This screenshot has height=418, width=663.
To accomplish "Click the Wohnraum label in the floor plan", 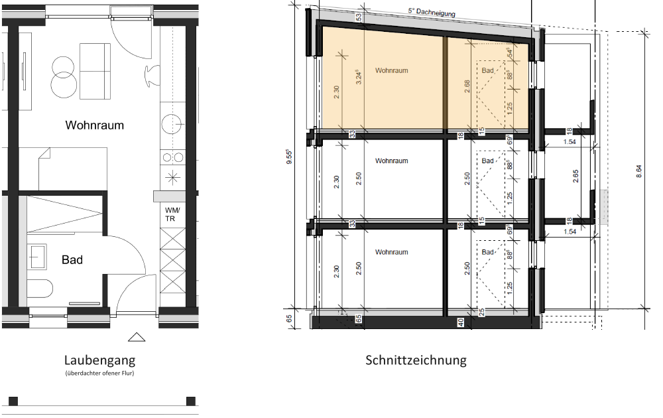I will pos(94,125).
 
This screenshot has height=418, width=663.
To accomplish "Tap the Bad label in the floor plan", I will pos(72,259).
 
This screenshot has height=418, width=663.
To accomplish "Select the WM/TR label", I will pos(171,214).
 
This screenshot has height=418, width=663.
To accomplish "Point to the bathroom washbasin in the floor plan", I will pos(37,253).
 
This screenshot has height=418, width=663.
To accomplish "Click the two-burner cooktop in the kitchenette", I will pos(172,157).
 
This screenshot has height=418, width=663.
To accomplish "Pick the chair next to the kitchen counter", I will pos(152,75).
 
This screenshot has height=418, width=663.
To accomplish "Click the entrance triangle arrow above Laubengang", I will pos(137,337).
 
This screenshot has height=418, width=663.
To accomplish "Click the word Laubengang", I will pos(99,360).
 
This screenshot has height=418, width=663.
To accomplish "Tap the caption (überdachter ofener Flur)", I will pos(99,375).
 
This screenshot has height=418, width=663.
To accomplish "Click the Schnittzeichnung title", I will pos(416,360).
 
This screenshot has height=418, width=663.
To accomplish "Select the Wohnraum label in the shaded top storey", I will pos(391,70).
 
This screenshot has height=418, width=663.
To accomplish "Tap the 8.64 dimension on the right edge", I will pos(639,171).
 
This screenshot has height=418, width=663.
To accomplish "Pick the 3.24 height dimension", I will pos(359,80).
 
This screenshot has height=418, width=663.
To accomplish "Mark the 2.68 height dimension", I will pos(468,86).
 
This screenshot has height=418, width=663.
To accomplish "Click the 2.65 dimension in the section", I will pos(575,176).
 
